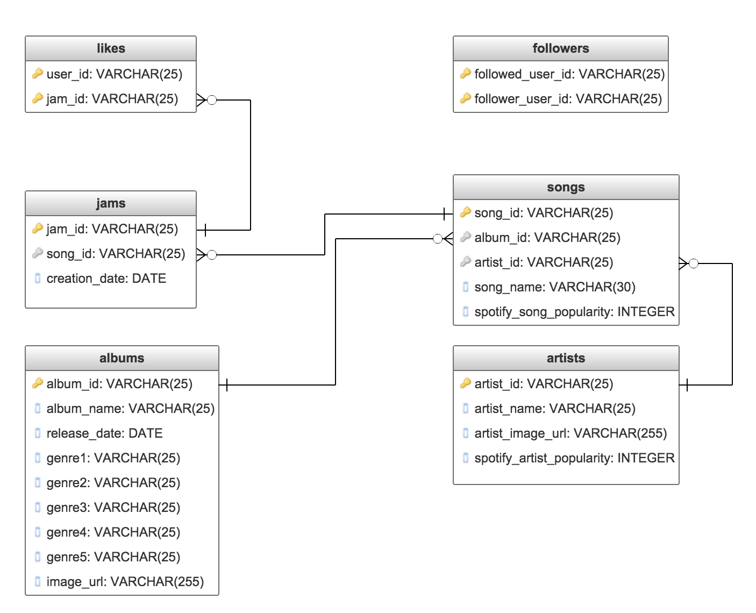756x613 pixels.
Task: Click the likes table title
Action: coord(111,48)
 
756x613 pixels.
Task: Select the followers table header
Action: coord(560,48)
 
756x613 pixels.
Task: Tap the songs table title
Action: coord(566,187)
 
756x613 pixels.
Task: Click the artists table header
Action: coord(566,358)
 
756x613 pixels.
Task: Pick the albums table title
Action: coord(122,358)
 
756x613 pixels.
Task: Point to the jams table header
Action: coord(111,203)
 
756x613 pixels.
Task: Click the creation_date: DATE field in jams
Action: coord(106,279)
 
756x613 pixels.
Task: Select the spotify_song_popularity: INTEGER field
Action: coord(574,312)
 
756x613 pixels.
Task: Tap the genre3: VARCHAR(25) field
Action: coord(113,508)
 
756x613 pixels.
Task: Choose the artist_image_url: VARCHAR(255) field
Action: coord(570,433)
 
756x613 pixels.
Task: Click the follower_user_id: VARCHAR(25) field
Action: coord(568,99)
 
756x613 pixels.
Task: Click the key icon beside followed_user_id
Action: coord(466,74)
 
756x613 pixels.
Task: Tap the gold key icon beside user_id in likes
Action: coord(38,74)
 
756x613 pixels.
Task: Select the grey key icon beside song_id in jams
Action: coord(38,253)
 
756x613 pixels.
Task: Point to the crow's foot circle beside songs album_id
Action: coord(438,239)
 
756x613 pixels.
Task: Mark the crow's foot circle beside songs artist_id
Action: coord(694,263)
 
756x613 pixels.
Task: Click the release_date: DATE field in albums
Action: coord(104,433)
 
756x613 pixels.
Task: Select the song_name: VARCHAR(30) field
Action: coord(554,287)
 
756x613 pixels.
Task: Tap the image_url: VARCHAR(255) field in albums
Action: coord(125,582)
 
